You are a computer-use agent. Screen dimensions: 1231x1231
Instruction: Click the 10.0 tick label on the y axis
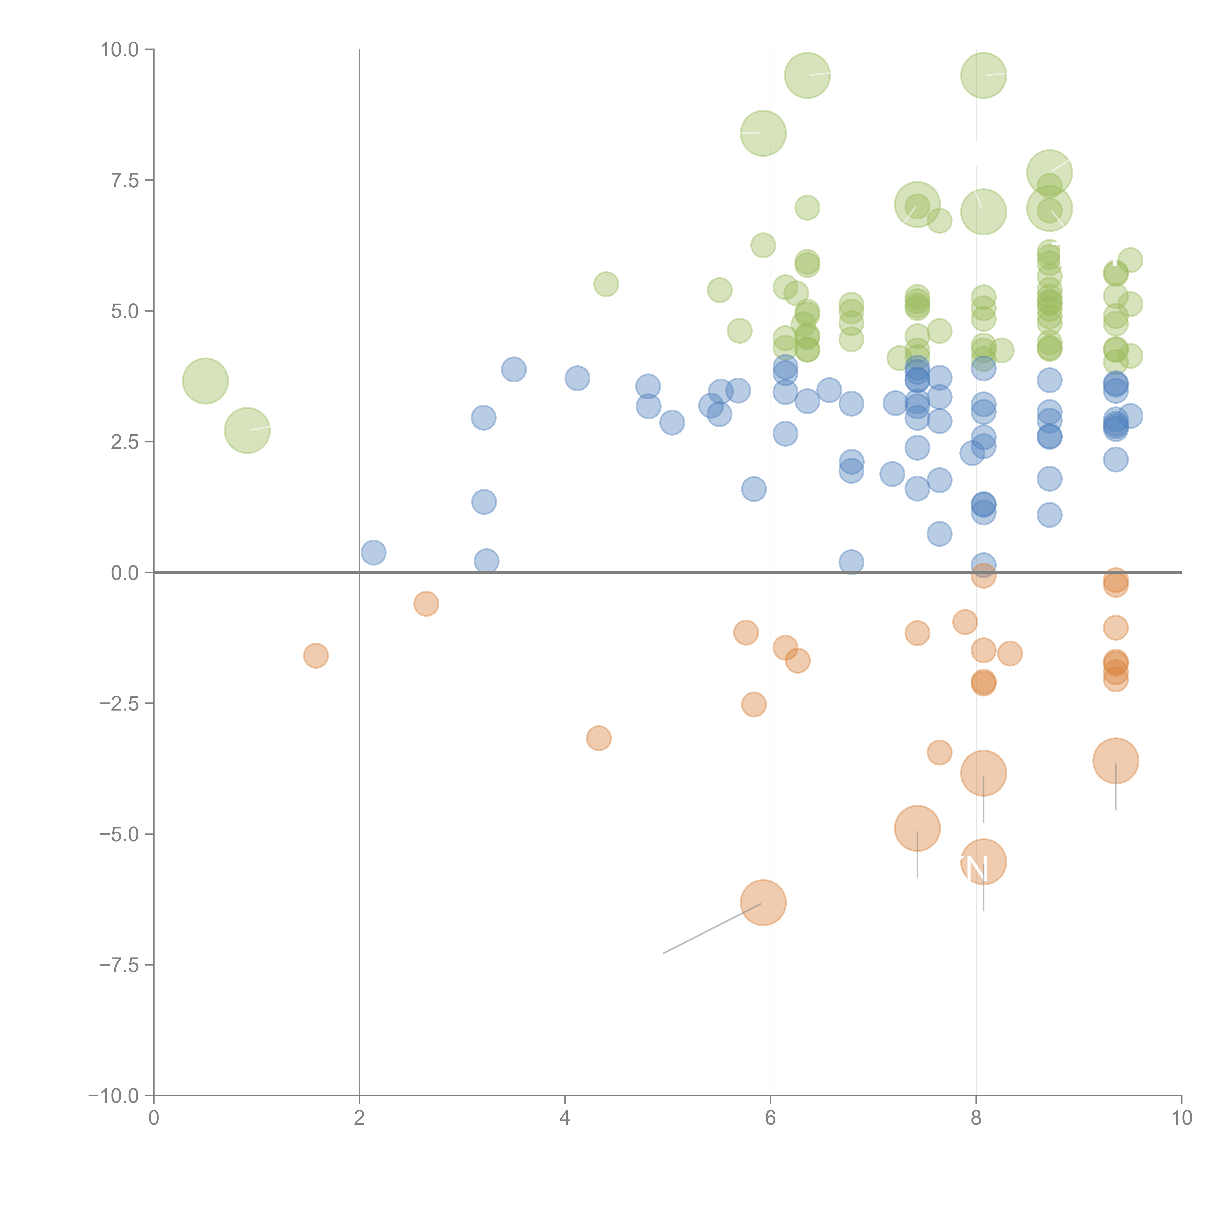120,50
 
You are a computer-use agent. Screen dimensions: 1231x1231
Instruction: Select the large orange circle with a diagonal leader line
763,902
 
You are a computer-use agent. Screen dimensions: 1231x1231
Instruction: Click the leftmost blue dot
373,552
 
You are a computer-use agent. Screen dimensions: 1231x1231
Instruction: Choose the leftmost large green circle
205,381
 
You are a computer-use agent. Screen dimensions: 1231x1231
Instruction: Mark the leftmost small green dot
606,284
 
